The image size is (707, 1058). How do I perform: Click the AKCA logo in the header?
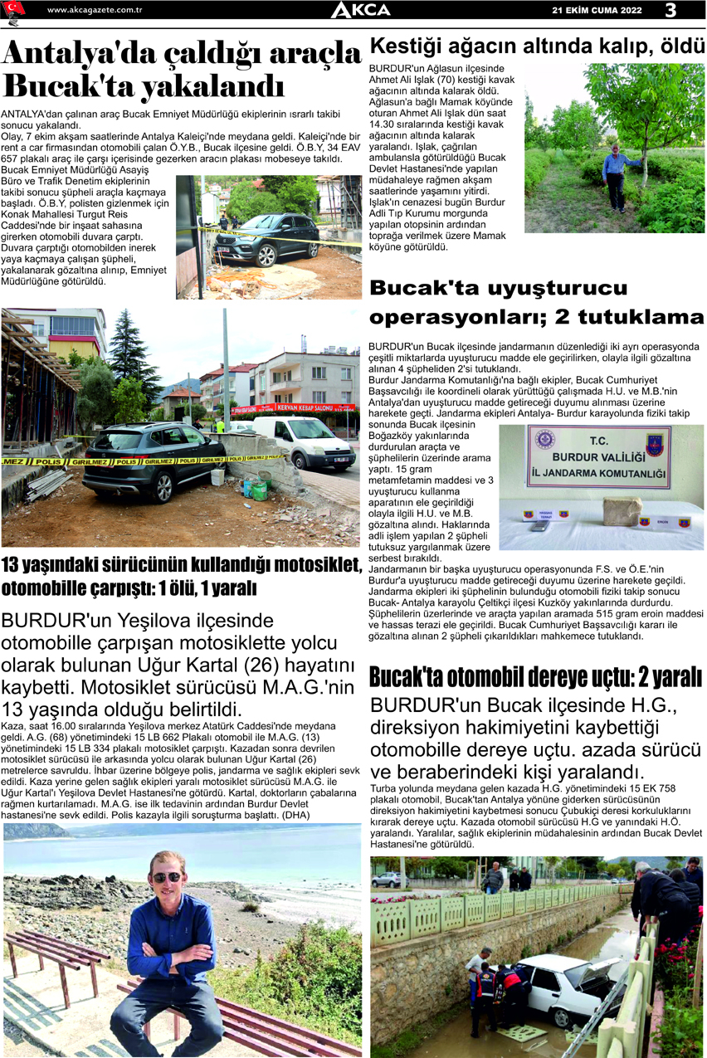[360, 10]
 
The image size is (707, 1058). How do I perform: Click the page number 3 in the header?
[670, 10]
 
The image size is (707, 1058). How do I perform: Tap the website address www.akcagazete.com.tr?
[95, 10]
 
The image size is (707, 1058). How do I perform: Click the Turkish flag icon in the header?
[14, 9]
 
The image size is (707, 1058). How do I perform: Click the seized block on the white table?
[622, 510]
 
